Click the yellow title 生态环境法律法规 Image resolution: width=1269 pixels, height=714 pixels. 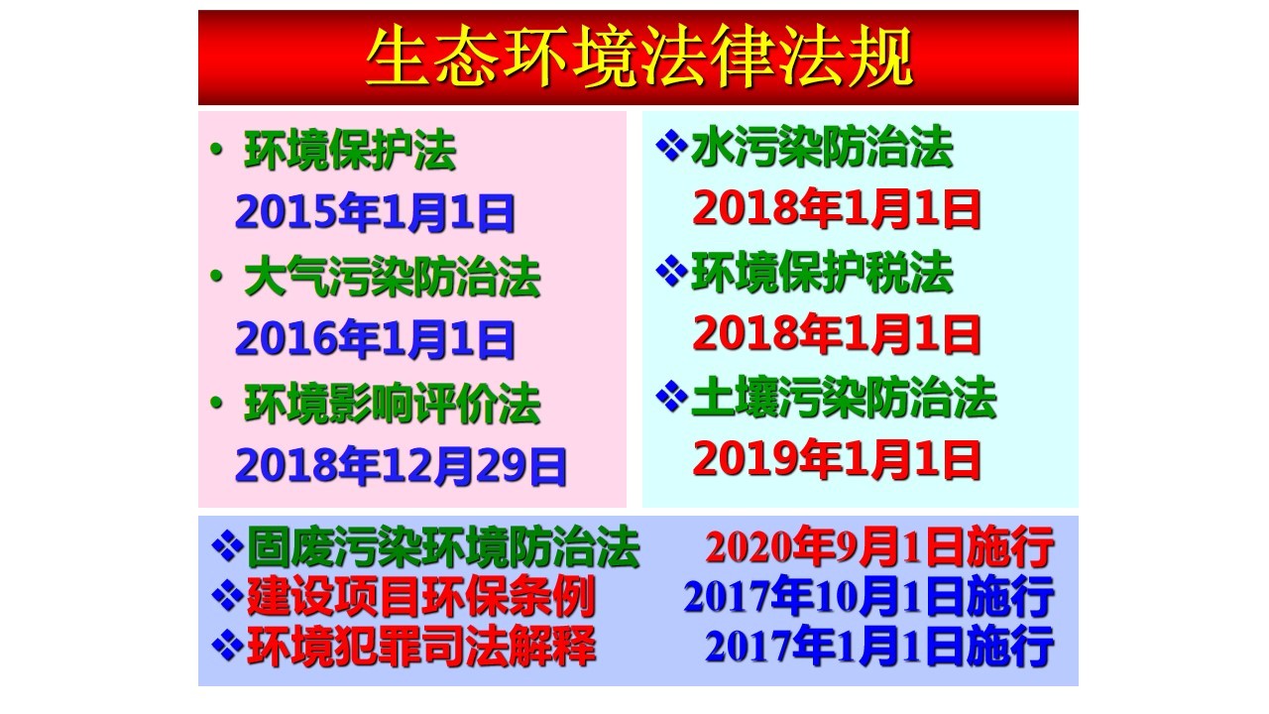point(639,58)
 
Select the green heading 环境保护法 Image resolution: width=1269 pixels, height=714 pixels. point(350,150)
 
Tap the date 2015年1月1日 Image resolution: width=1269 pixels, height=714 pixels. point(375,212)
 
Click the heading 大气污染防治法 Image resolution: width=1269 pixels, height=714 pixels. point(392,277)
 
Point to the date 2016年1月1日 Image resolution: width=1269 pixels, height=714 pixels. point(375,339)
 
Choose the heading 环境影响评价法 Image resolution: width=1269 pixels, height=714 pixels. point(392,404)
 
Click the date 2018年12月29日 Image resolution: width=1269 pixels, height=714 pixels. point(401,466)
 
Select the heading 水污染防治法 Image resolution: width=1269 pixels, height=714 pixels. point(822,147)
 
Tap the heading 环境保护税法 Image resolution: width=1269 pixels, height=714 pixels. point(822,273)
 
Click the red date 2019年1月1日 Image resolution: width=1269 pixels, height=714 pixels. point(837,459)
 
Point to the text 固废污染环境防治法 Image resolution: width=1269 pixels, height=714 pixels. point(443,547)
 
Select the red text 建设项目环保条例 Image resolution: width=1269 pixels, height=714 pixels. point(421,597)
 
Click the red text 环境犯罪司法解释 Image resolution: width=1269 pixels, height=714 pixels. point(421,646)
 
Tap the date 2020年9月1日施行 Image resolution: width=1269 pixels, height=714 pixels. point(879,546)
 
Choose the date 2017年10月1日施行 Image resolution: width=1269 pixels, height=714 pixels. point(869,596)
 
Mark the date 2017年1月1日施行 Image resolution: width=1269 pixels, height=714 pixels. point(879,646)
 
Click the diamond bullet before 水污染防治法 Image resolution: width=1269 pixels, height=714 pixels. point(671,146)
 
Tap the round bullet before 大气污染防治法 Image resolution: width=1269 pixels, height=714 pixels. point(216,277)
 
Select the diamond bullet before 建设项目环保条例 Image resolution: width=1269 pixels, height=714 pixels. point(227,596)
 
